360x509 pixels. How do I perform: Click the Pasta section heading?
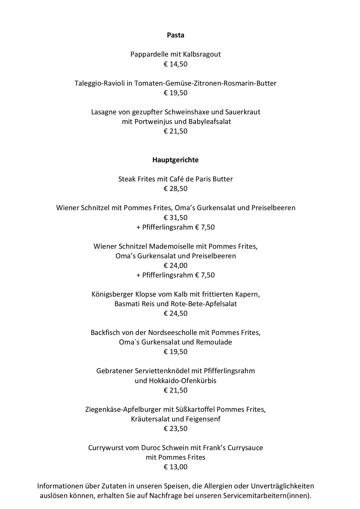pos(175,35)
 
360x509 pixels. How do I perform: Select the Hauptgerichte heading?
pos(175,160)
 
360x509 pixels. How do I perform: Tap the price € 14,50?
pos(175,64)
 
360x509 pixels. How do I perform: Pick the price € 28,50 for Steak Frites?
pos(175,189)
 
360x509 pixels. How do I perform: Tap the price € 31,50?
pos(175,218)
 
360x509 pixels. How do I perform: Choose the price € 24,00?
pos(175,266)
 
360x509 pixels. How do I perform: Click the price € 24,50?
pos(175,313)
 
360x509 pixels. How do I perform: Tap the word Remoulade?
pos(214,342)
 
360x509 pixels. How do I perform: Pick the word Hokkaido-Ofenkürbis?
pos(183,380)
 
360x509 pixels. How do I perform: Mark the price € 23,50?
pos(175,429)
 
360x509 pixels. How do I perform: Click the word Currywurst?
pos(107,448)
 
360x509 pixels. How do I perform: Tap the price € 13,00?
pos(175,467)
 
